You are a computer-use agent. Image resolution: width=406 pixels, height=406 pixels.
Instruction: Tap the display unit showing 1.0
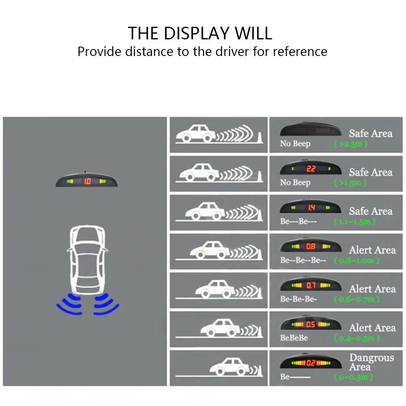(x=87, y=181)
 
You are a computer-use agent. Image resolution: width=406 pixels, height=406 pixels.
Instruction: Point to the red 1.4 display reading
(x=311, y=208)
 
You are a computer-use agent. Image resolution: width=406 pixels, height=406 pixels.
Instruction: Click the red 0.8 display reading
(x=311, y=246)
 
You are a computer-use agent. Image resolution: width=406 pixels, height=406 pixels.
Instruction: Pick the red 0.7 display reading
(x=311, y=285)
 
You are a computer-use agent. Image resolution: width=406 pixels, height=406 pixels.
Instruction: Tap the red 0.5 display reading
(x=311, y=324)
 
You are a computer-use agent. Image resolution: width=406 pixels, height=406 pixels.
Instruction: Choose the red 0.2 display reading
(x=311, y=363)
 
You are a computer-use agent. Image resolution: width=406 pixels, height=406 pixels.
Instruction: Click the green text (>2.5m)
(x=351, y=144)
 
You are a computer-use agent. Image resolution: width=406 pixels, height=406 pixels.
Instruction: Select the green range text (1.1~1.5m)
(x=354, y=222)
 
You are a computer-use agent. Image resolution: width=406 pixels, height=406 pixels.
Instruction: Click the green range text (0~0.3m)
(x=354, y=377)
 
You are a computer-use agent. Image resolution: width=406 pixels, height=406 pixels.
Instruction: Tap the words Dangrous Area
(x=372, y=362)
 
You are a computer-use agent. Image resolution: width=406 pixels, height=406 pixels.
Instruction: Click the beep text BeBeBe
(x=294, y=338)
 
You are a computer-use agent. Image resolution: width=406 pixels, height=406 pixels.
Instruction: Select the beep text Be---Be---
(x=298, y=222)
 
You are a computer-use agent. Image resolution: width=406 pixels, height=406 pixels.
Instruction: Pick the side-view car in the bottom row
(x=230, y=367)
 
